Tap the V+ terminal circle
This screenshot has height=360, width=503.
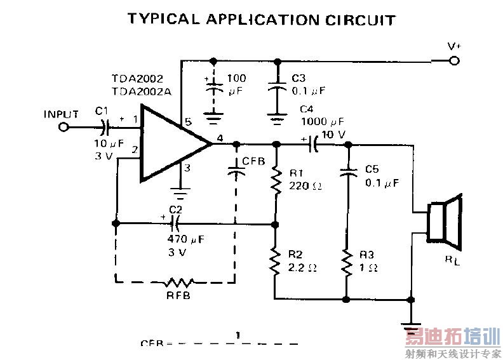point(453,61)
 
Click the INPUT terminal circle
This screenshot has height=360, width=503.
point(63,127)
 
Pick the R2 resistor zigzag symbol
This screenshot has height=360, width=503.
point(276,261)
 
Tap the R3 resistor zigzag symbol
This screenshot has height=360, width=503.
point(347,262)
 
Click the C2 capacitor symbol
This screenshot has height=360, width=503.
point(174,223)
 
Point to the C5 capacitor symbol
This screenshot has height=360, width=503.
point(347,171)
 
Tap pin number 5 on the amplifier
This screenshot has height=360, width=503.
point(187,121)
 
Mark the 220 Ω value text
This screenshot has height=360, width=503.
point(305,187)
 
